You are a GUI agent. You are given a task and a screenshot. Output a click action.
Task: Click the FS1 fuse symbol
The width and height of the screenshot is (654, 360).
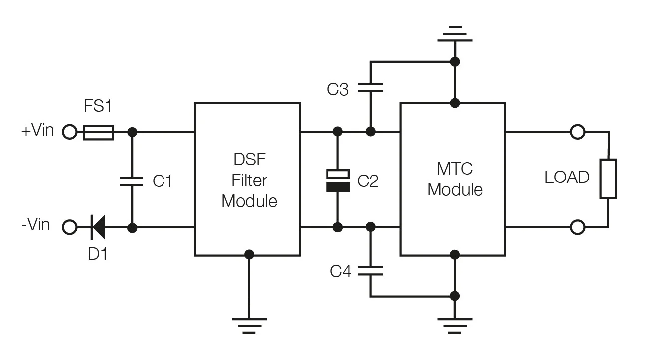pyautogui.click(x=98, y=132)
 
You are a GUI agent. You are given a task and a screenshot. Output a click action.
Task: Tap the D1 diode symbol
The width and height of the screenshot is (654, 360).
pyautogui.click(x=98, y=227)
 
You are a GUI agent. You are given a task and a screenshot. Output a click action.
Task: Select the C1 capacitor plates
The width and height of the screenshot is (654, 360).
pyautogui.click(x=132, y=181)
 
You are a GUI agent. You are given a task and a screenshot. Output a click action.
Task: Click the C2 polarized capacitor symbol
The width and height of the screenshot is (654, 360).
pyautogui.click(x=338, y=180)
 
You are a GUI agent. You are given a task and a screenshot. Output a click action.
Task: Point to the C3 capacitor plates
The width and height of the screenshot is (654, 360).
pyautogui.click(x=370, y=88)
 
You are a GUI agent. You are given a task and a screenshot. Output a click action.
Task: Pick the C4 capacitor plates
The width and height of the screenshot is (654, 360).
pyautogui.click(x=370, y=271)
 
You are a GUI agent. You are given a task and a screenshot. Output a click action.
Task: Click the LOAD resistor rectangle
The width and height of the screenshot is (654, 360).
pyautogui.click(x=608, y=179)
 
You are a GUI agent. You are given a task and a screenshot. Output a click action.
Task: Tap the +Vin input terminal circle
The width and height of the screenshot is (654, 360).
pyautogui.click(x=69, y=132)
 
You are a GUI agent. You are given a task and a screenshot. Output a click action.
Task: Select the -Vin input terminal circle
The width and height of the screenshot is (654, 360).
pyautogui.click(x=69, y=227)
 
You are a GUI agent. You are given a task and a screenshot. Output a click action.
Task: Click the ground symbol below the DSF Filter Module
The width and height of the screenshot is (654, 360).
pyautogui.click(x=249, y=326)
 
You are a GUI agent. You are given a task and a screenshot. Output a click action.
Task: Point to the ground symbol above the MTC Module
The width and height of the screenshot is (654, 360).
pyautogui.click(x=455, y=34)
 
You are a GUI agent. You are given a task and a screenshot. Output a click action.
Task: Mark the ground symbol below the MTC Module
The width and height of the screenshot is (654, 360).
pyautogui.click(x=455, y=326)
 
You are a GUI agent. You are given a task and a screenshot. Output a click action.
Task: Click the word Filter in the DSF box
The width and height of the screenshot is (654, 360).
pyautogui.click(x=249, y=180)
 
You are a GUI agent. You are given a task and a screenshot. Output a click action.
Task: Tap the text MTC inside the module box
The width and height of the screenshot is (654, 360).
pyautogui.click(x=455, y=169)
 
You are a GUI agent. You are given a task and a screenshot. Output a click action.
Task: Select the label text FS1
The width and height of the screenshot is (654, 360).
pyautogui.click(x=98, y=105)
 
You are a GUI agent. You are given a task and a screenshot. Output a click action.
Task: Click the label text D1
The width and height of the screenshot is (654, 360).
pyautogui.click(x=98, y=254)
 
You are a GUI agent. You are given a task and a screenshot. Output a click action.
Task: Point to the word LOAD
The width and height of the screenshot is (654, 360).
pyautogui.click(x=567, y=177)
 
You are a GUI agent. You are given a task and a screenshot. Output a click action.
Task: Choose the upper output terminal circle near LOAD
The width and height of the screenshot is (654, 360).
pyautogui.click(x=578, y=132)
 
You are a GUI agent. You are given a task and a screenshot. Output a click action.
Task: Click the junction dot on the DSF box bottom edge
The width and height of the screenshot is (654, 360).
pyautogui.click(x=249, y=255)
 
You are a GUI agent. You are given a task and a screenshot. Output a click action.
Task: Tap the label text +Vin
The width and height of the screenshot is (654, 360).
pyautogui.click(x=38, y=130)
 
